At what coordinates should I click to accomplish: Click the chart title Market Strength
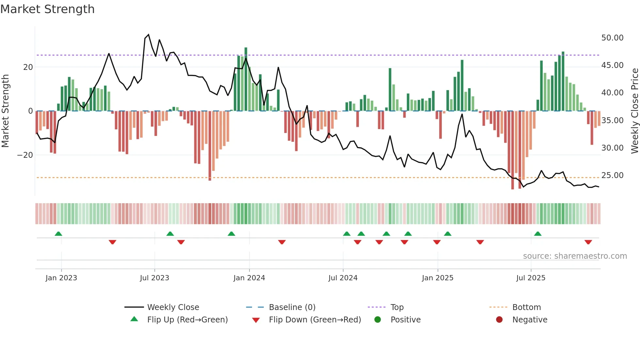coord(47,9)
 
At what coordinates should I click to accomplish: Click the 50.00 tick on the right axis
coord(612,38)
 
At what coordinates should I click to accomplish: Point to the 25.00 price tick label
coord(612,175)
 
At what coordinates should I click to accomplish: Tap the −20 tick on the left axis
coord(25,155)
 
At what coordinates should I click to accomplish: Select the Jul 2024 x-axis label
coord(343,278)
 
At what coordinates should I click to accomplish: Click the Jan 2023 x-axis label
coord(61,278)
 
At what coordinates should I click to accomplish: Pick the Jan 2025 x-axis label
coord(438,278)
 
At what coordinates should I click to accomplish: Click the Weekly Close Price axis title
coord(634,111)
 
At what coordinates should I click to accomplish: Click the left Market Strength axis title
coord(5,111)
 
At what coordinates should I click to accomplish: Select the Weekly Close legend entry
coord(173,307)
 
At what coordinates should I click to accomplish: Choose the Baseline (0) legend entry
coord(292,307)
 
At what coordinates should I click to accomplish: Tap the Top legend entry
coord(397,307)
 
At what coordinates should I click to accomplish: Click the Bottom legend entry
coord(526,307)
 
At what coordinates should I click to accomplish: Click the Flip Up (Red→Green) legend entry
coord(187,320)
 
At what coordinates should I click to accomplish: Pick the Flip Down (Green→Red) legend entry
coord(315,320)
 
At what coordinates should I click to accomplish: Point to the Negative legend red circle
coord(499,320)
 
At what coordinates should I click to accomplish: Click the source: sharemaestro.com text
coord(575,256)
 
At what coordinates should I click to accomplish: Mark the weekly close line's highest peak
coord(149,35)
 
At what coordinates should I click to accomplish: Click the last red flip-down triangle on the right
coord(588,242)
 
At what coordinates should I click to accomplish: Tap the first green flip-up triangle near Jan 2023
coord(58,234)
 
